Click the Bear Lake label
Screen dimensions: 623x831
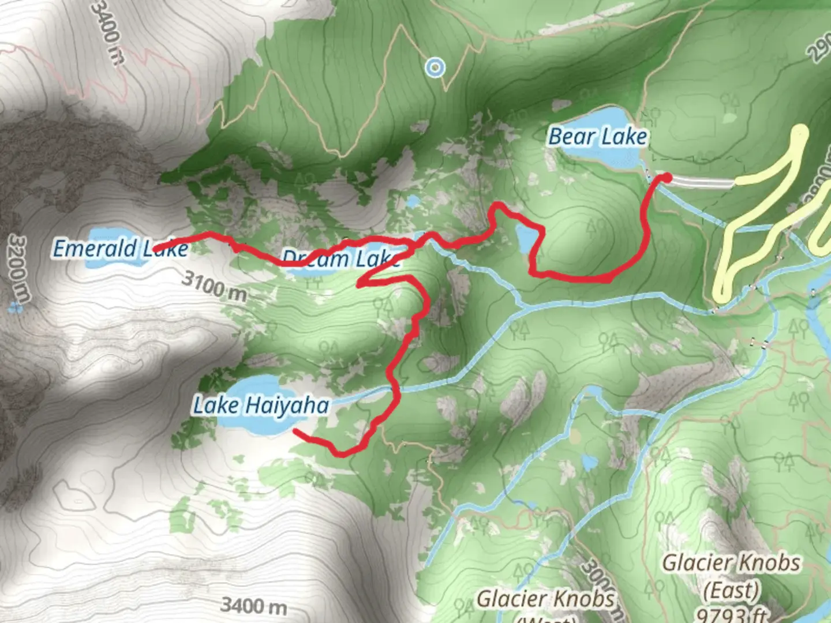(597, 137)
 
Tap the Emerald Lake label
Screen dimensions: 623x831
(120, 249)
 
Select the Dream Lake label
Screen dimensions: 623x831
(340, 258)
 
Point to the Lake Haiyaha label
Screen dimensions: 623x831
(260, 405)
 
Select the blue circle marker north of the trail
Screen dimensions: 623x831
(435, 68)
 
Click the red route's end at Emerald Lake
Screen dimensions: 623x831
(156, 249)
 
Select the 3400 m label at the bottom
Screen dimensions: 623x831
(253, 606)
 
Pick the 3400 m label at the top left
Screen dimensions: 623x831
(108, 32)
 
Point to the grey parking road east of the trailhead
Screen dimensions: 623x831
(704, 182)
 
